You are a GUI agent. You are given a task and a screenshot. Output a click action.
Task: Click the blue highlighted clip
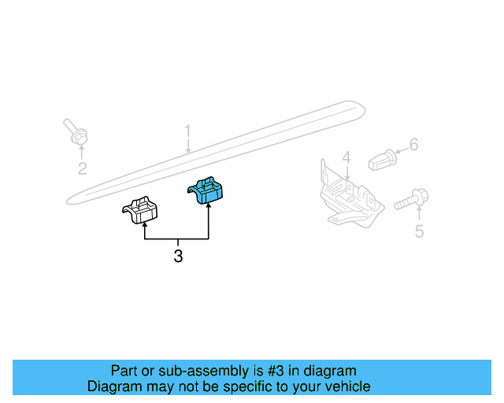(206, 190)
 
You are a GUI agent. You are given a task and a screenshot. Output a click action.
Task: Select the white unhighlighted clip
(140, 210)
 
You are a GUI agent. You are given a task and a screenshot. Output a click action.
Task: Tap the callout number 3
(178, 256)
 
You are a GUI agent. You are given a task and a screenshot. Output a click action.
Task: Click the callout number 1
(187, 132)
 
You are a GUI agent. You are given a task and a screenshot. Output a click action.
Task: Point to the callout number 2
(82, 168)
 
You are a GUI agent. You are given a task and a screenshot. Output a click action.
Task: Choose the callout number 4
(346, 157)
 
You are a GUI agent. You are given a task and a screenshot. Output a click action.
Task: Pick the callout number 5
(419, 231)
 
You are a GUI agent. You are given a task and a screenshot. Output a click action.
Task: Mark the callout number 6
(413, 145)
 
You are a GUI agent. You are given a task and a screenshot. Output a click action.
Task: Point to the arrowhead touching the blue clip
(209, 205)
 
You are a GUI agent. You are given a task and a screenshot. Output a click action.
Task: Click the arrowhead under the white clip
(145, 226)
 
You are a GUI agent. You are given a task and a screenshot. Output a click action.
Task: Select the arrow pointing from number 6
(402, 150)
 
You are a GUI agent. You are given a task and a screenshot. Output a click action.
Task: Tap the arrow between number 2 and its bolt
(82, 153)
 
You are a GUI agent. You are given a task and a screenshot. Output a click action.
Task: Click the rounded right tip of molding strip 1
(365, 109)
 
